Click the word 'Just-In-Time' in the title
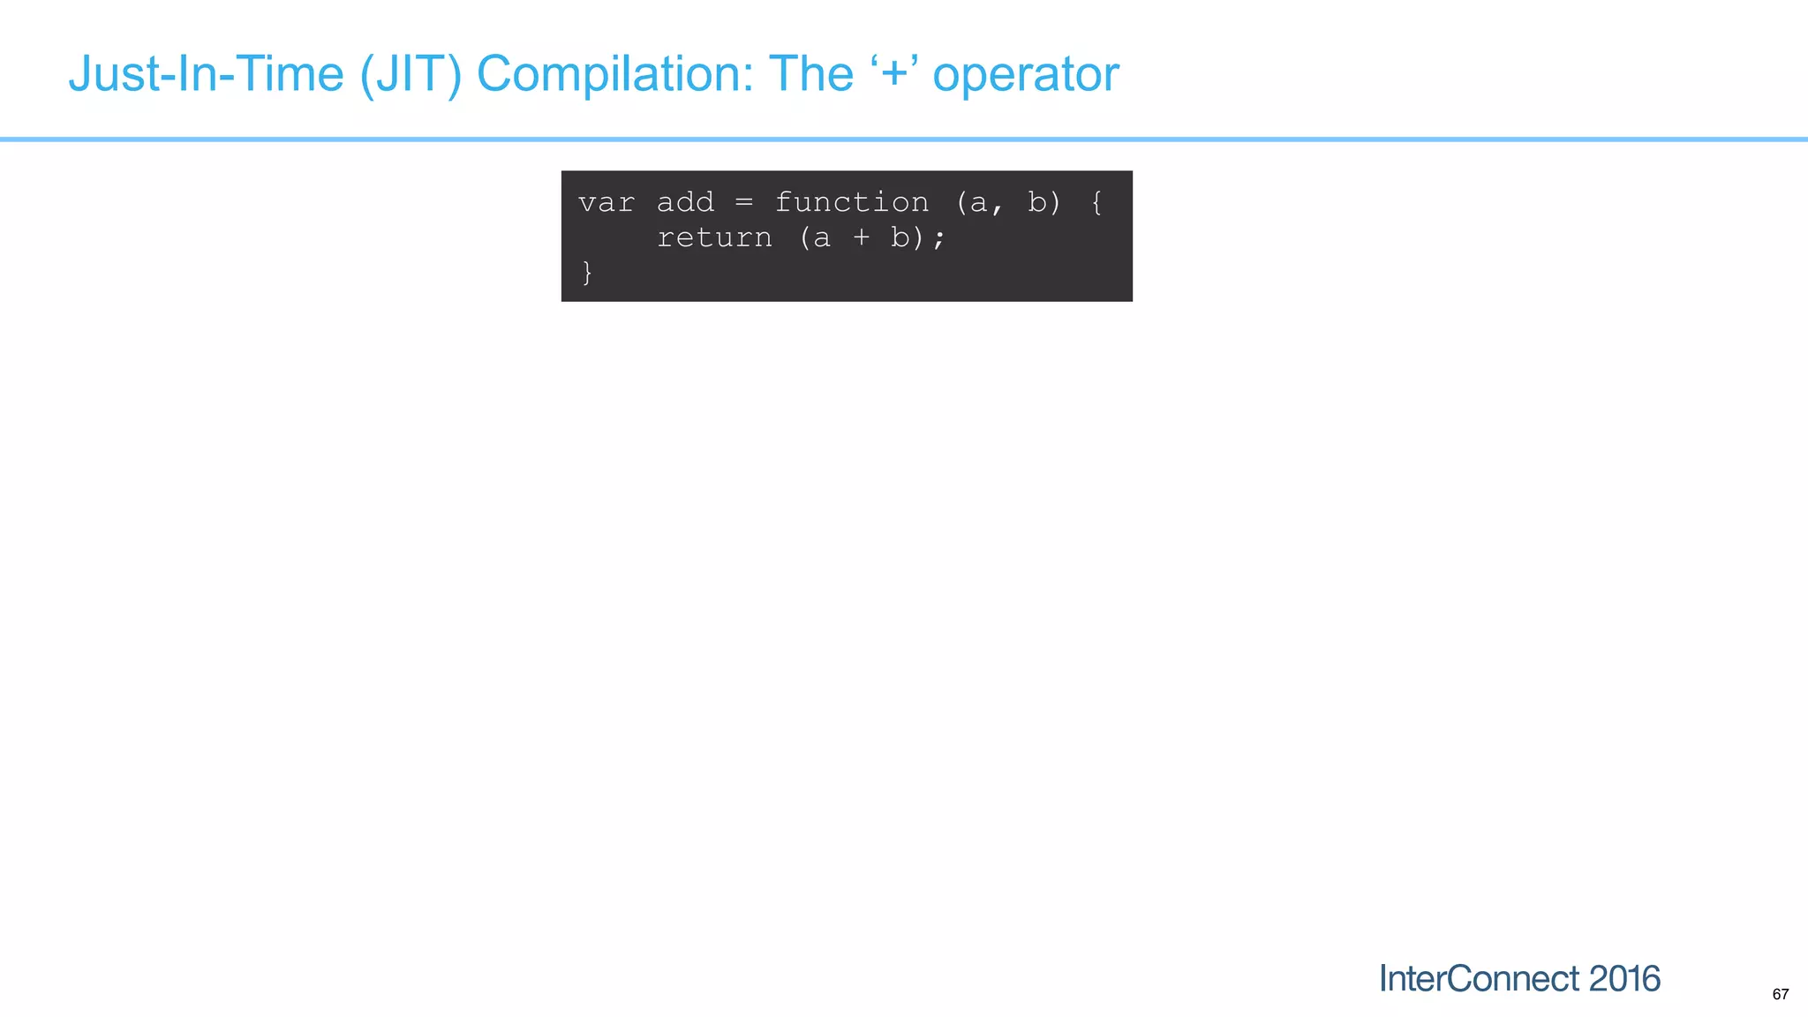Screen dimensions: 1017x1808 (206, 73)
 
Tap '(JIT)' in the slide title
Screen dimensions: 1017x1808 (411, 73)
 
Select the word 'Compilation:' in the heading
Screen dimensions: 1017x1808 (615, 73)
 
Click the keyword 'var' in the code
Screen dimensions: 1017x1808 (606, 203)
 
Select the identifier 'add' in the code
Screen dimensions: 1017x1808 (685, 203)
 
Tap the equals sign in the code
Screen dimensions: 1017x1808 (744, 203)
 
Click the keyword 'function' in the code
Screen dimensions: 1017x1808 (852, 203)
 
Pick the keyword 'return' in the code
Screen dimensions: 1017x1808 (714, 238)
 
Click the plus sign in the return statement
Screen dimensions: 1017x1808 (861, 238)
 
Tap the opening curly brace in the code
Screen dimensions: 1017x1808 (1096, 203)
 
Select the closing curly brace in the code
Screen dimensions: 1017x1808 (587, 273)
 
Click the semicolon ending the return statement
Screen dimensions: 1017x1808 (938, 239)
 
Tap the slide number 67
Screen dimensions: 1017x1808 (1780, 994)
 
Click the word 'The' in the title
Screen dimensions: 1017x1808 (811, 73)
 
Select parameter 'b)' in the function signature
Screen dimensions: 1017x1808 (1043, 203)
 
